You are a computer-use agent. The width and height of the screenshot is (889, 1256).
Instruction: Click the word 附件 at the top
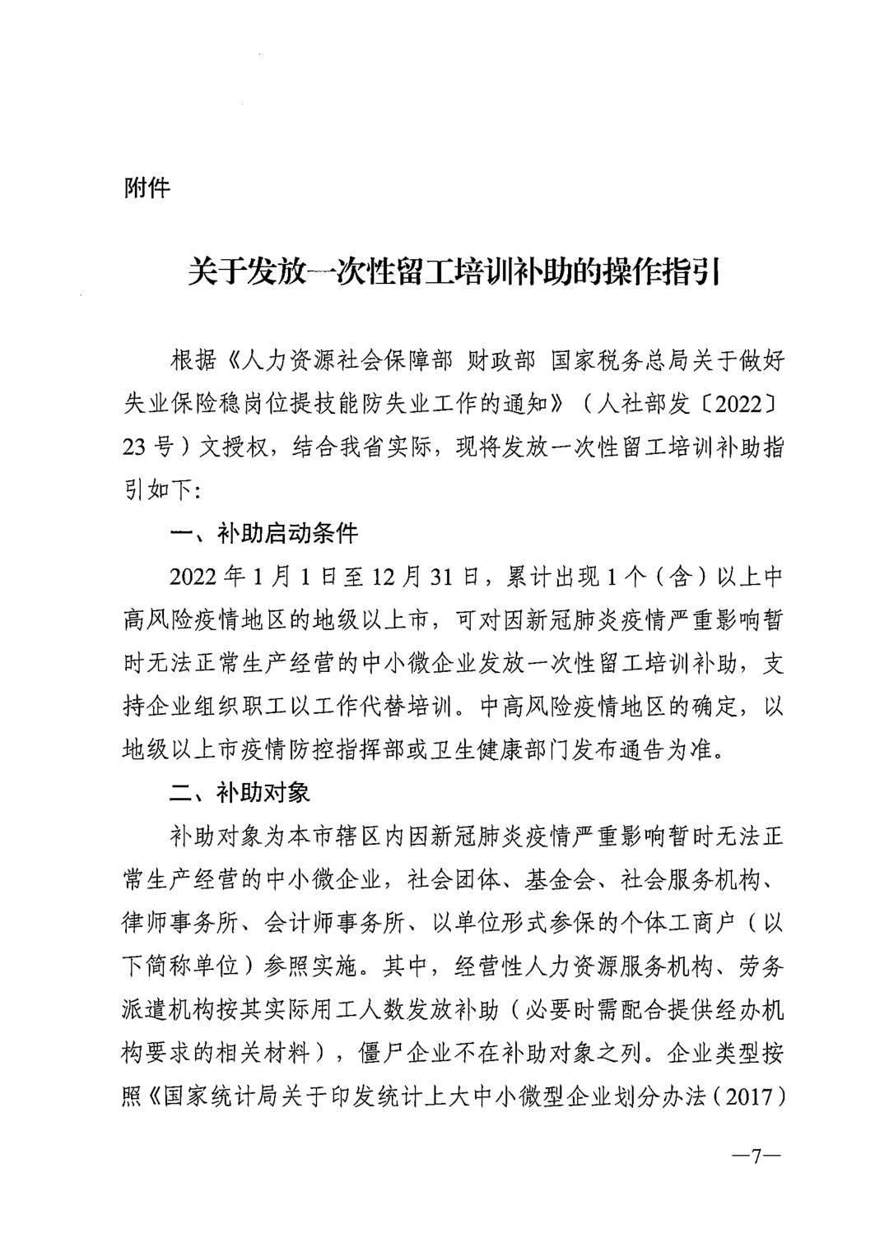pyautogui.click(x=147, y=188)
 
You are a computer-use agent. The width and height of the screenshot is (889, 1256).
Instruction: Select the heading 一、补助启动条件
pyautogui.click(x=263, y=534)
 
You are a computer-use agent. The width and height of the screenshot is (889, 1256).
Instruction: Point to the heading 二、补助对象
pyautogui.click(x=240, y=793)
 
